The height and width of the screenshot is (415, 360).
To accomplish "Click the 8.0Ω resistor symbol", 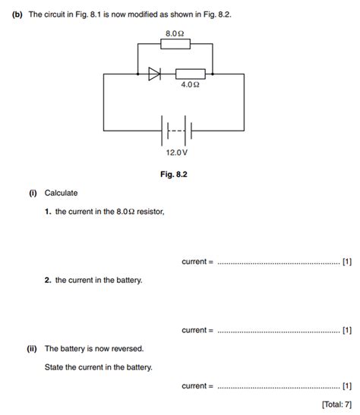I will pos(175,46).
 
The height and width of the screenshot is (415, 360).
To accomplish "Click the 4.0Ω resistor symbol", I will pos(190,74).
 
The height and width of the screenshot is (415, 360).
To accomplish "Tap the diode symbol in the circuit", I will pos(154,74).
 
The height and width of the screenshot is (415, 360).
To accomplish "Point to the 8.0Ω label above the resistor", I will pos(175,33).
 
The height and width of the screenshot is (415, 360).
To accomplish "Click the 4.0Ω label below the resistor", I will pos(190,86).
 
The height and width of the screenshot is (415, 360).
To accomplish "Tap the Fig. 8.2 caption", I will pos(174,174).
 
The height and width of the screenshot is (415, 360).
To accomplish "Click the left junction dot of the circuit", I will pos(137,74).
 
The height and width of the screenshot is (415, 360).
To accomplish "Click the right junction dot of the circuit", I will pos(213,74).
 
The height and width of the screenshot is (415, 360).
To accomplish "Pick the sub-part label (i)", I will pos(32,193).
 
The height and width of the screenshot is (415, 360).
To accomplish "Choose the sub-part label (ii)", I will pos(32,349).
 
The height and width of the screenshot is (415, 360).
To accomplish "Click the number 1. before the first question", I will pos(47,212).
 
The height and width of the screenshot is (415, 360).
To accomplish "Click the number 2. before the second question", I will pos(47,280).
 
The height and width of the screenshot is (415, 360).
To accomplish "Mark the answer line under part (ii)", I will pos(278,387).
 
